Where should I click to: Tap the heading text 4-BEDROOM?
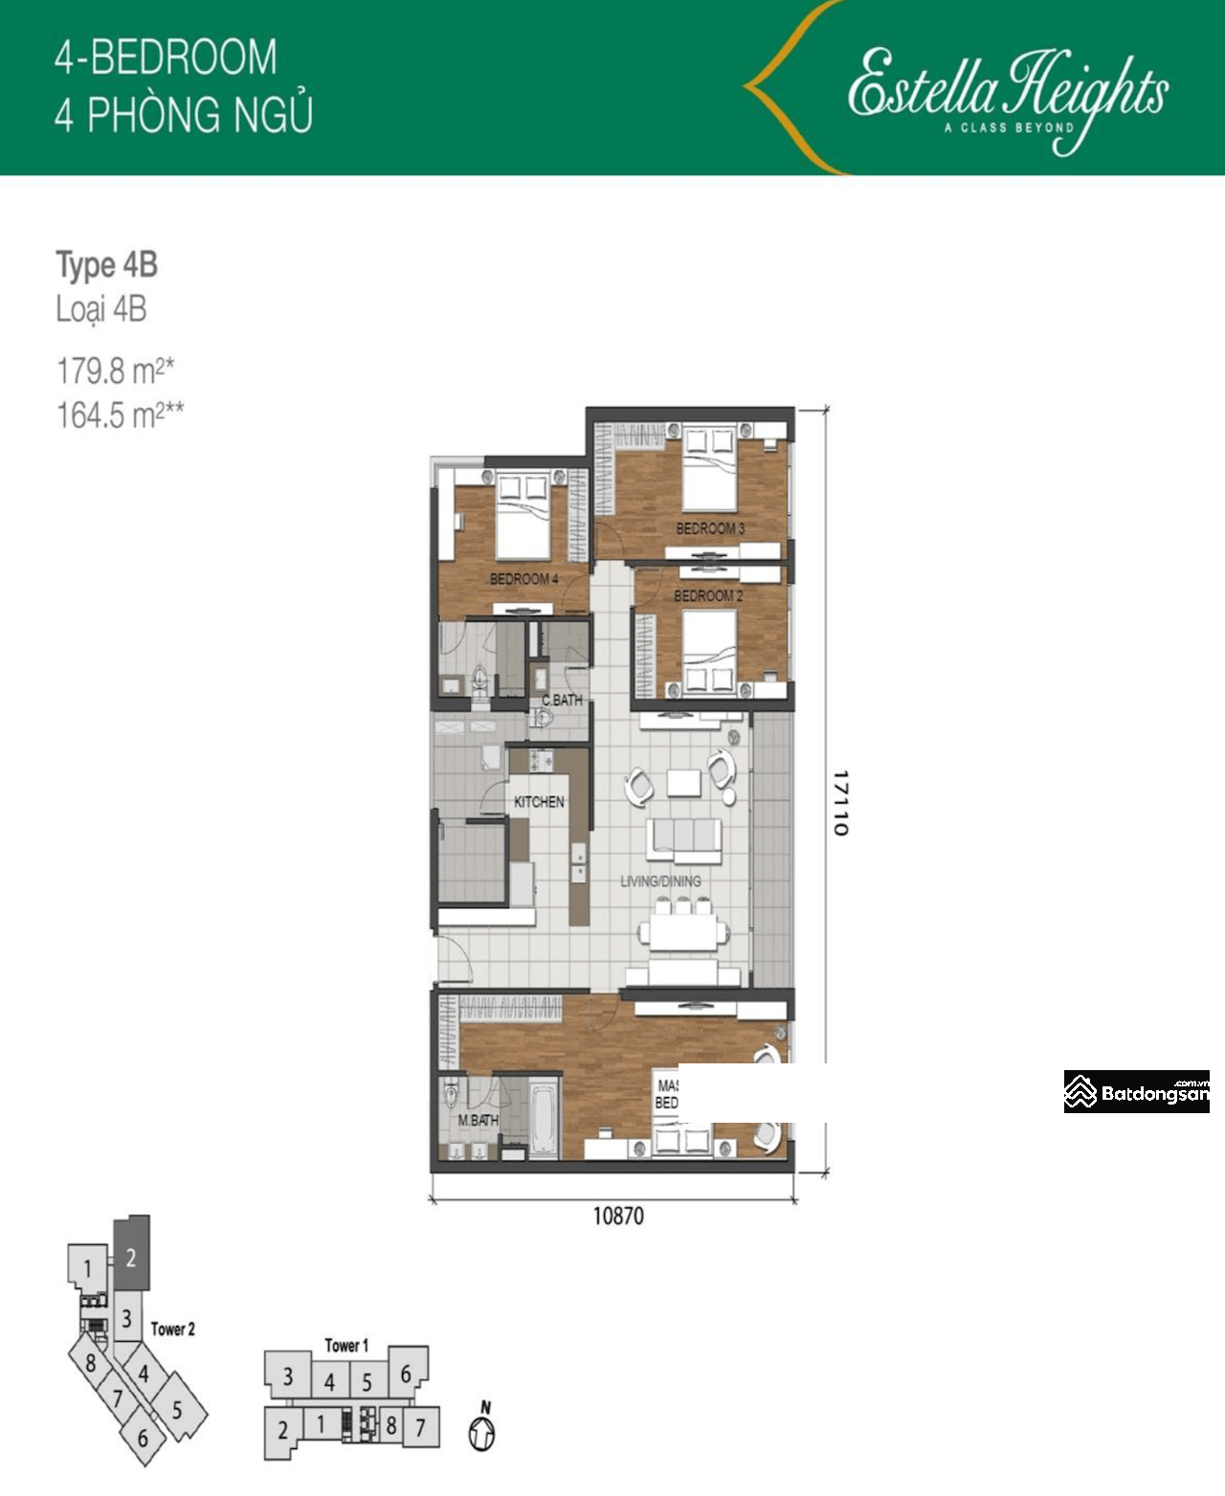pos(166,57)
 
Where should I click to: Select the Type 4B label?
pos(106,265)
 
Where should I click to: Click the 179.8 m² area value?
pos(115,369)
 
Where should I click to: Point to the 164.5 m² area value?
pos(120,415)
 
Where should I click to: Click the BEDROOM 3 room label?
pos(709,528)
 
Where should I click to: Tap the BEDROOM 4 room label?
pos(523,579)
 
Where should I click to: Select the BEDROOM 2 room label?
pos(708,595)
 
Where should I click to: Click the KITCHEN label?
pos(539,802)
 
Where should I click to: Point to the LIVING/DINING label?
pos(660,881)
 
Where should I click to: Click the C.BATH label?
pos(562,700)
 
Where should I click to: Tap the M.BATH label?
pos(478,1120)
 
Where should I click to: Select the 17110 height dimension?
pos(839,802)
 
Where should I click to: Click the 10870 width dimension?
pos(618,1217)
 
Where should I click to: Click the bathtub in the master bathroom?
pos(543,1117)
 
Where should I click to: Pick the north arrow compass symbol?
pos(482,1431)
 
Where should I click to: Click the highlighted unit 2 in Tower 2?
pos(131,1256)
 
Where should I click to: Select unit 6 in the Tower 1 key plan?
pos(406,1374)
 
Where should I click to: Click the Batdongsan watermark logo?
pos(1136,1092)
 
